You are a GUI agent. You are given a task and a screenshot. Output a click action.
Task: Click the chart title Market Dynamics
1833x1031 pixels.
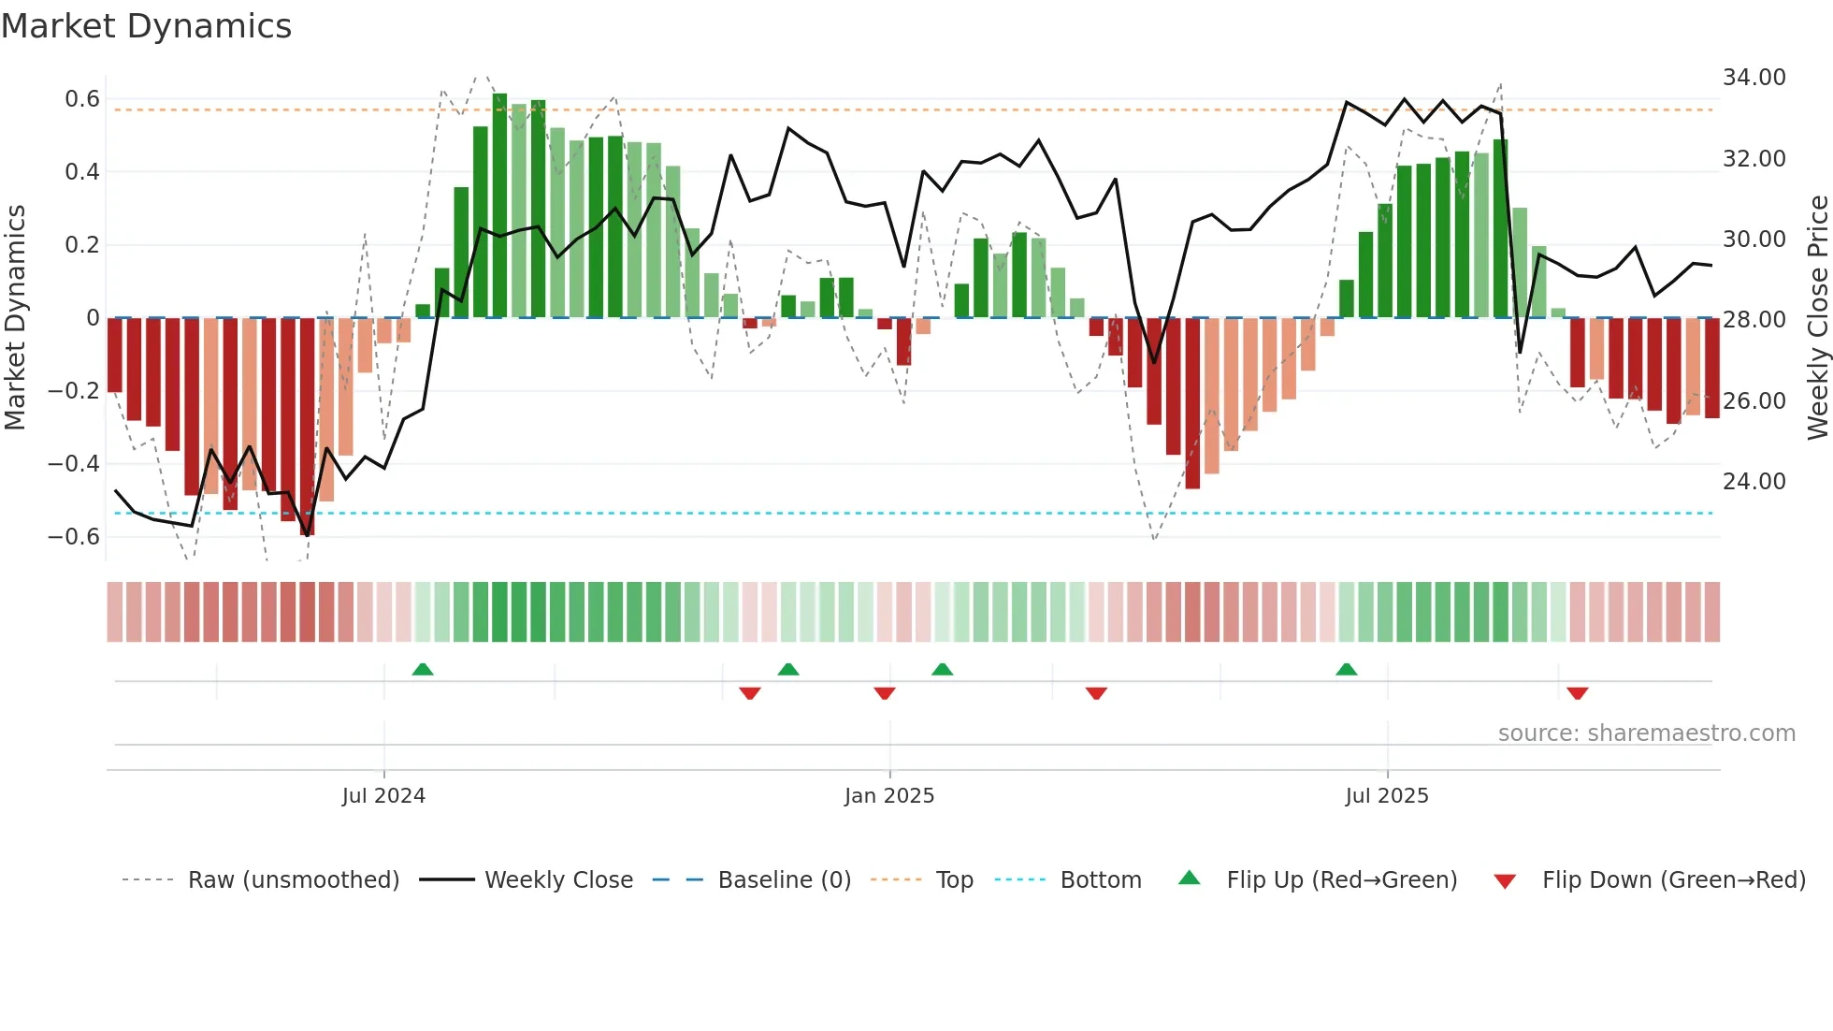click(x=146, y=26)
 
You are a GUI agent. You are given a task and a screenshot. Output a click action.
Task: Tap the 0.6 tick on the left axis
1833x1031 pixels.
click(x=82, y=99)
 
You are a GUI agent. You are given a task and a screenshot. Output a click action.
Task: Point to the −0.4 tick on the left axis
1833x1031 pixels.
click(x=74, y=464)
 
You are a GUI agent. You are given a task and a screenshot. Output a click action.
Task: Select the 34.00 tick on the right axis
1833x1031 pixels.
click(x=1754, y=78)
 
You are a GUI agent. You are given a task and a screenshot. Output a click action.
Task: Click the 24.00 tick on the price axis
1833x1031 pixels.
click(x=1754, y=482)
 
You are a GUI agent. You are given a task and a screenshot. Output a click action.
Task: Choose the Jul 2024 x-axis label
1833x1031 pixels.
click(x=383, y=796)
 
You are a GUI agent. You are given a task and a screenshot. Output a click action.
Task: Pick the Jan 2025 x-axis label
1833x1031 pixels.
click(x=889, y=796)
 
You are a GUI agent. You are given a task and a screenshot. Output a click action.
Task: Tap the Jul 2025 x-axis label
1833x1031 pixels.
click(x=1387, y=796)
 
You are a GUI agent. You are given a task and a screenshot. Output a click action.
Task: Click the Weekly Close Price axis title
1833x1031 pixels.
click(x=1817, y=318)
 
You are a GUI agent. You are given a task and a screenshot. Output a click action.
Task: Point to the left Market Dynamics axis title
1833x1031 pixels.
click(x=15, y=318)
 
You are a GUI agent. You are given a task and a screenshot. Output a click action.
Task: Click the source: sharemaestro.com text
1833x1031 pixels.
click(x=1646, y=733)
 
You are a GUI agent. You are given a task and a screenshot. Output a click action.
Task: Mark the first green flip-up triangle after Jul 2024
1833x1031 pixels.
click(x=423, y=669)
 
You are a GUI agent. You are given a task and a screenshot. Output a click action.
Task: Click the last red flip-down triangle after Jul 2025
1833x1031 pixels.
click(x=1578, y=693)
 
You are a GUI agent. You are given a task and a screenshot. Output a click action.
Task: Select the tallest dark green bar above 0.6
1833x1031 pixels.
click(x=500, y=206)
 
